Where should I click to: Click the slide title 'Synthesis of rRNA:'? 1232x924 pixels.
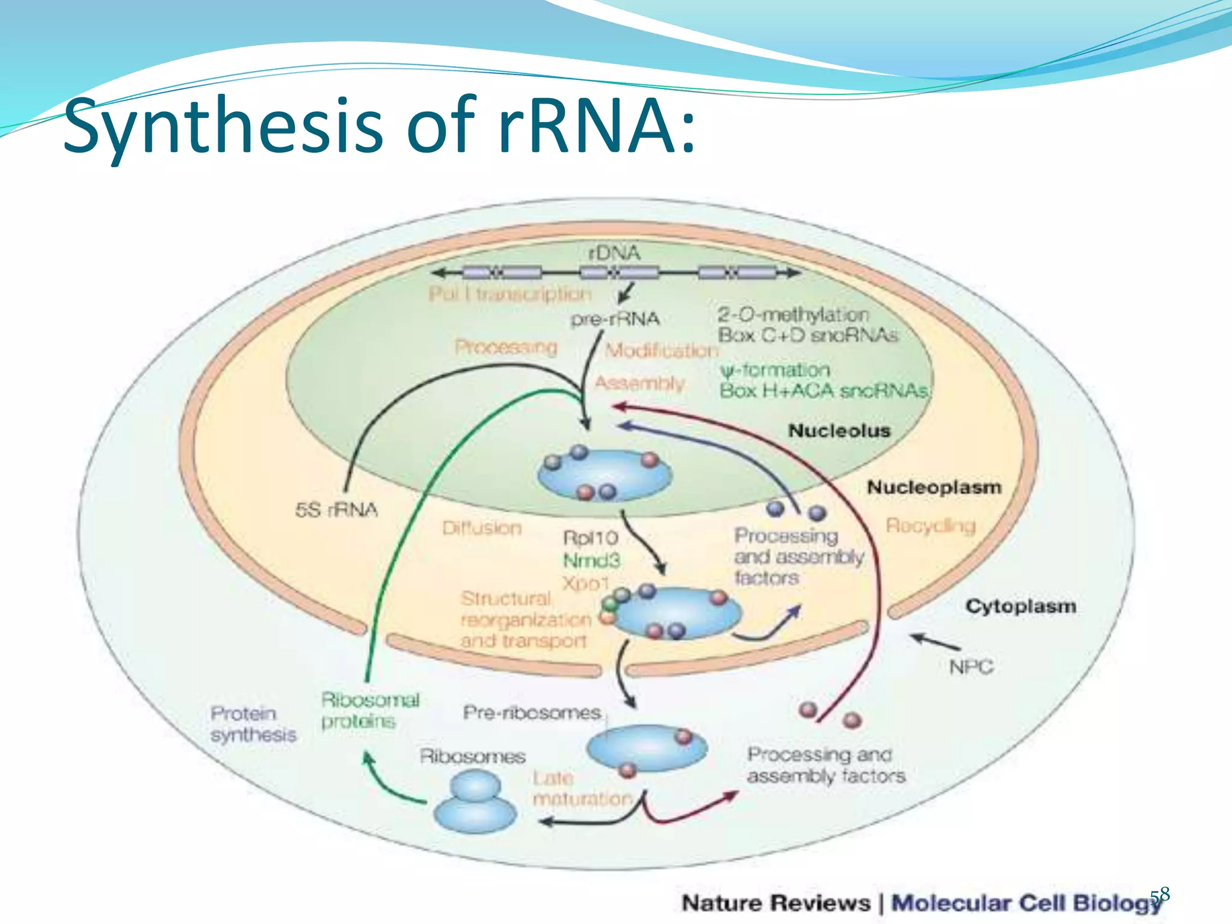[x=379, y=126]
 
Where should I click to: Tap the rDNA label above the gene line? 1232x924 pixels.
[x=614, y=253]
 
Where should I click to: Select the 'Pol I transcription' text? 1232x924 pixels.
[x=510, y=294]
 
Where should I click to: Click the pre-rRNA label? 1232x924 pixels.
[x=615, y=319]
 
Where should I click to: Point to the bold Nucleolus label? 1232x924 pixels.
[x=839, y=431]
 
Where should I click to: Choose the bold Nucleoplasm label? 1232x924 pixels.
[x=934, y=487]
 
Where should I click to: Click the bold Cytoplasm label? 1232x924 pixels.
[x=1020, y=606]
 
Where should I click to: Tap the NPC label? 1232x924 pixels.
[x=970, y=667]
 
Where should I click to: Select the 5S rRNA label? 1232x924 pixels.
[x=336, y=510]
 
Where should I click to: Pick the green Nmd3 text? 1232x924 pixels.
[x=591, y=561]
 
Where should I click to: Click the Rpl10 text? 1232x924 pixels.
[x=590, y=537]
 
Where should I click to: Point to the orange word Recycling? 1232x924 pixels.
[x=930, y=526]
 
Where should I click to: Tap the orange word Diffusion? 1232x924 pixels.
[x=482, y=528]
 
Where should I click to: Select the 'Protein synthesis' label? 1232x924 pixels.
[x=253, y=724]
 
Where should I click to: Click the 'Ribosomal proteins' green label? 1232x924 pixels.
[x=369, y=710]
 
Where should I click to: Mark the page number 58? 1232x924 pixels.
[x=1160, y=895]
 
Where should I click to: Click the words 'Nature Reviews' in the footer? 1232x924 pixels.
[x=775, y=903]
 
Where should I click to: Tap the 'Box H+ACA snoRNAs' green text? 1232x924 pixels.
[x=824, y=391]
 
